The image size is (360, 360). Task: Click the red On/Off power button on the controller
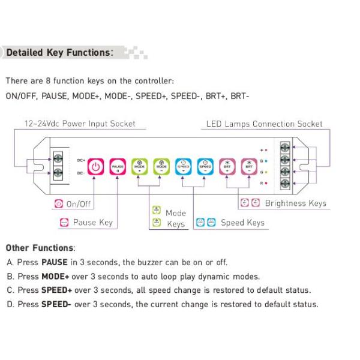click(97, 166)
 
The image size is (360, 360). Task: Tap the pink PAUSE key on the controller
click(118, 166)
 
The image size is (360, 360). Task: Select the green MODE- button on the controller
click(161, 166)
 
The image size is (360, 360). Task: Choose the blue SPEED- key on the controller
click(205, 166)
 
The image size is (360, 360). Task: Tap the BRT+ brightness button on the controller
click(227, 166)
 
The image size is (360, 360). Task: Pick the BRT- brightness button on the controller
click(249, 166)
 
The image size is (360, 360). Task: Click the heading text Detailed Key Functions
click(59, 53)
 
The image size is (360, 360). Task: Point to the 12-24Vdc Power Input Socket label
click(80, 124)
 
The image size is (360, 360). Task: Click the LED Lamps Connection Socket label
click(264, 124)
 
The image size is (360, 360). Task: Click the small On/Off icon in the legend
click(59, 204)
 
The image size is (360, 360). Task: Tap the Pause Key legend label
click(92, 223)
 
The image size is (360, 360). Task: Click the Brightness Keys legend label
click(295, 203)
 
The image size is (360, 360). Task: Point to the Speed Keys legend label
click(242, 223)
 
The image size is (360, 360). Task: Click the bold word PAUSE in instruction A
click(54, 262)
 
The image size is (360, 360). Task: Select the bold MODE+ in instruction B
click(56, 277)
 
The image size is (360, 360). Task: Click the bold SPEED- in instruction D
click(56, 304)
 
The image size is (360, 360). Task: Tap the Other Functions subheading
click(40, 248)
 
